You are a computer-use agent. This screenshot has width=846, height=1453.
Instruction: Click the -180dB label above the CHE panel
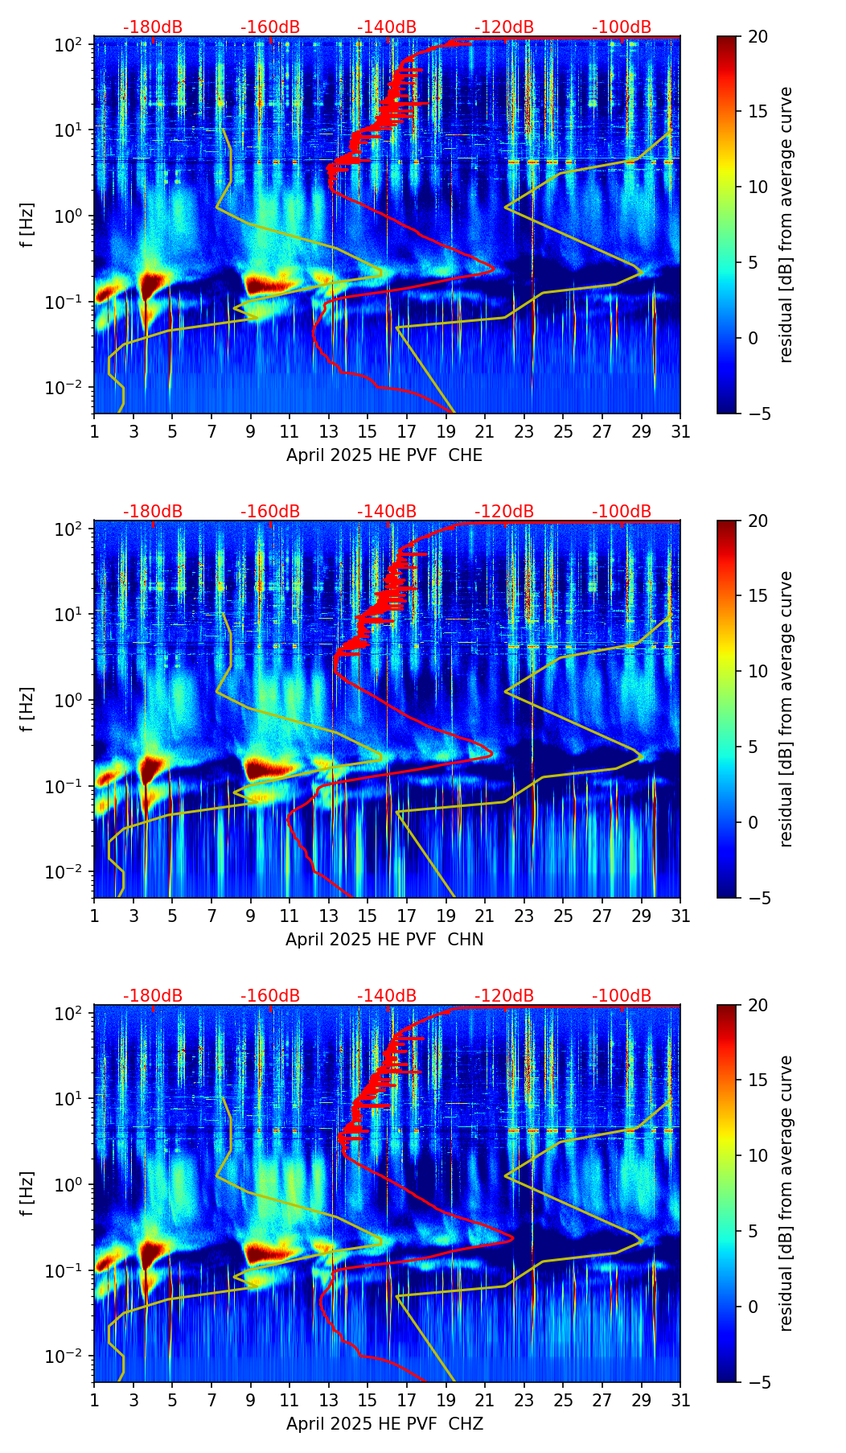(x=153, y=27)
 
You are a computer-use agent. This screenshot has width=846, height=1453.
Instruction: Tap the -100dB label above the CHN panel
(x=622, y=512)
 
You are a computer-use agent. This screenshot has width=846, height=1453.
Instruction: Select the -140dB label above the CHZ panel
(x=387, y=996)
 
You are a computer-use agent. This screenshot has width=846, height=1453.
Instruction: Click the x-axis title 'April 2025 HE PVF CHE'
(x=384, y=455)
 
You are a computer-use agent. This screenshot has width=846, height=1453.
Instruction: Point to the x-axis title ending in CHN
(x=384, y=940)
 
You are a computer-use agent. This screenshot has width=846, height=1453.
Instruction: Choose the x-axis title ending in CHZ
(x=384, y=1424)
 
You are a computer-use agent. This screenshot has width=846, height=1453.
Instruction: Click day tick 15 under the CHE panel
(x=368, y=431)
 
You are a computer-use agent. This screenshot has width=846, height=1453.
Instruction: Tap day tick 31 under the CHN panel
(x=680, y=916)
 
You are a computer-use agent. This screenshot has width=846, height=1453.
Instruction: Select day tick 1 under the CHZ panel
(x=95, y=1400)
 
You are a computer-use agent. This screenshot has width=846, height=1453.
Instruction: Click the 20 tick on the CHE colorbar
(x=758, y=37)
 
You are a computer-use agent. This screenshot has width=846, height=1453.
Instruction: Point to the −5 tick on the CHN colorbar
(x=758, y=898)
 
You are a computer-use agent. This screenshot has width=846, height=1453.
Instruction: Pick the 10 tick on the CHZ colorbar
(x=758, y=1156)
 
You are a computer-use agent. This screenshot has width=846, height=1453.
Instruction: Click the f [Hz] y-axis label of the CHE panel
(x=28, y=225)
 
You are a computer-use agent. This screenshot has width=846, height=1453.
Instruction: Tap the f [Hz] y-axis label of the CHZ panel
(x=28, y=1194)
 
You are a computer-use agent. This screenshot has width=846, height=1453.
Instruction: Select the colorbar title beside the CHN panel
(x=786, y=709)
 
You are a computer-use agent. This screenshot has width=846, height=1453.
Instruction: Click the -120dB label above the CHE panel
(x=504, y=27)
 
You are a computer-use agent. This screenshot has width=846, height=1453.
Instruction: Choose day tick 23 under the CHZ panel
(x=524, y=1400)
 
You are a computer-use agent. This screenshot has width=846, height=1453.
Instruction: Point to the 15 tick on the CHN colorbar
(x=758, y=596)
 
